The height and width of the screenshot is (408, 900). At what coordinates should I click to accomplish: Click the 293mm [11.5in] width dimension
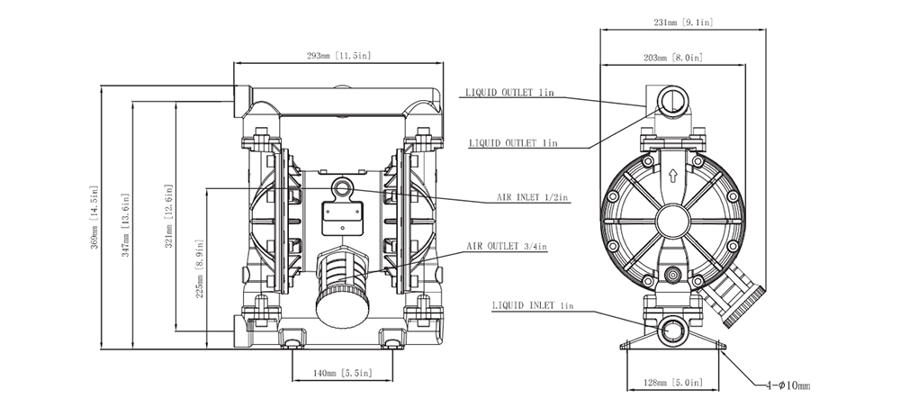338,56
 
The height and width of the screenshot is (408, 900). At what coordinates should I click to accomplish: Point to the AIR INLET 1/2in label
533,197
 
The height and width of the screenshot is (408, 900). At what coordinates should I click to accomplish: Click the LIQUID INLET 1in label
532,306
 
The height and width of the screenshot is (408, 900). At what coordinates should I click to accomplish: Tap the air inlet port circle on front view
342,187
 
